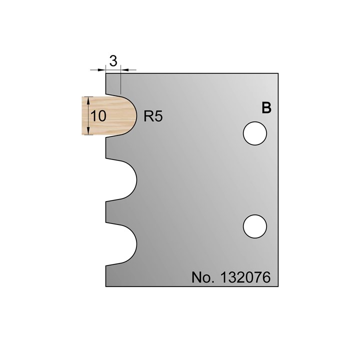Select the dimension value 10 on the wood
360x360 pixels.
pos(98,116)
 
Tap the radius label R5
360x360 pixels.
pos(153,116)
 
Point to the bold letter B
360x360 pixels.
pos(266,108)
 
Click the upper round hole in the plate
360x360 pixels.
pos(255,134)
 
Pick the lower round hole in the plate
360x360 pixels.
pos(255,226)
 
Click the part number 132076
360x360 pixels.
pos(245,278)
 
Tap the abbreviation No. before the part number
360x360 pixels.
pos(202,278)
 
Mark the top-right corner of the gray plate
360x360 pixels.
pos(278,74)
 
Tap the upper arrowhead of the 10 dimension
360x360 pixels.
pos(88,99)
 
